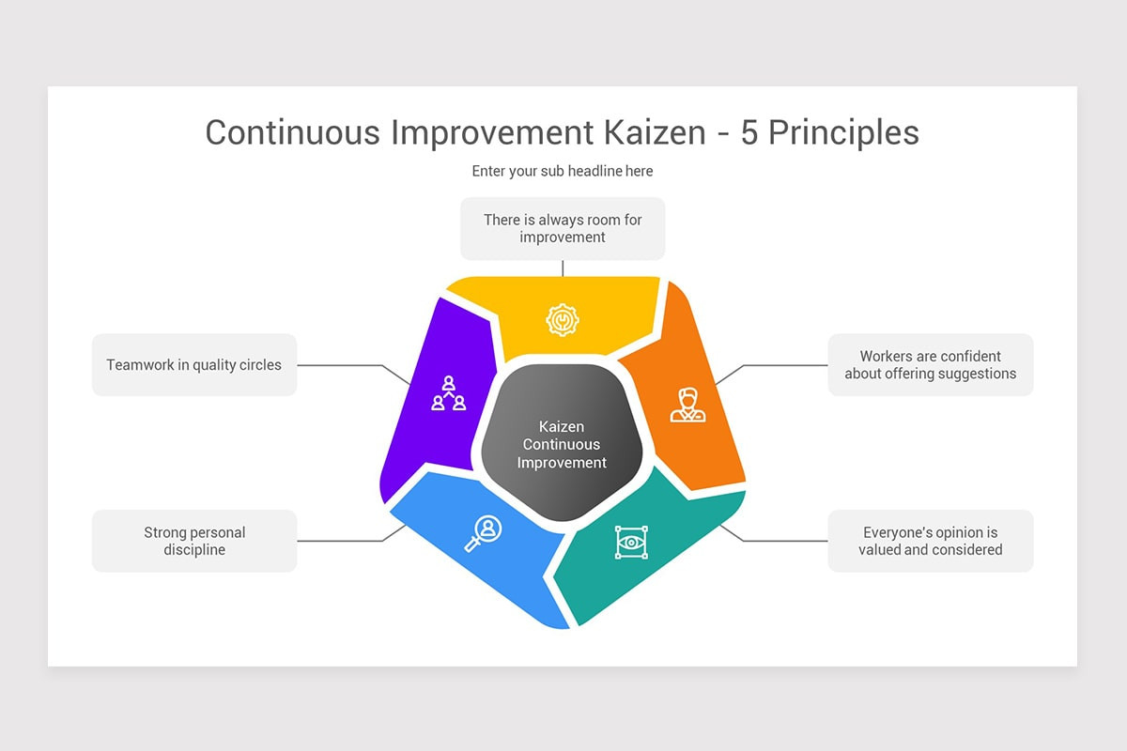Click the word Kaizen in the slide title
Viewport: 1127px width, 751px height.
[649, 132]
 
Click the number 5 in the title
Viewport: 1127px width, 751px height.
[749, 132]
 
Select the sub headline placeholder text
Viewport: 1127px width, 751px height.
[563, 171]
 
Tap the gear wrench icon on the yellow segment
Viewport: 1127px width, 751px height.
[562, 320]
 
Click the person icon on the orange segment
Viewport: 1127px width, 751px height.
[687, 404]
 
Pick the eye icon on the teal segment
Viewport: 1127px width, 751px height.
[631, 543]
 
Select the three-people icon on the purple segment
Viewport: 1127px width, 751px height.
[449, 393]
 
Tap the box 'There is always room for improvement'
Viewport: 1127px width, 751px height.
[563, 228]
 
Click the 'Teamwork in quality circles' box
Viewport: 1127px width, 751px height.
[194, 365]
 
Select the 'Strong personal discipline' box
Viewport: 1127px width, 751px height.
[194, 541]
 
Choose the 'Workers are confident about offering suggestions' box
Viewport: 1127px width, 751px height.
[930, 365]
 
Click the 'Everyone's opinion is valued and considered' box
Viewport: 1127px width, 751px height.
[930, 541]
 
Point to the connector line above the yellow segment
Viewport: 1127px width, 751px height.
[563, 268]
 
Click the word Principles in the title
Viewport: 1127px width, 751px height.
[843, 132]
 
